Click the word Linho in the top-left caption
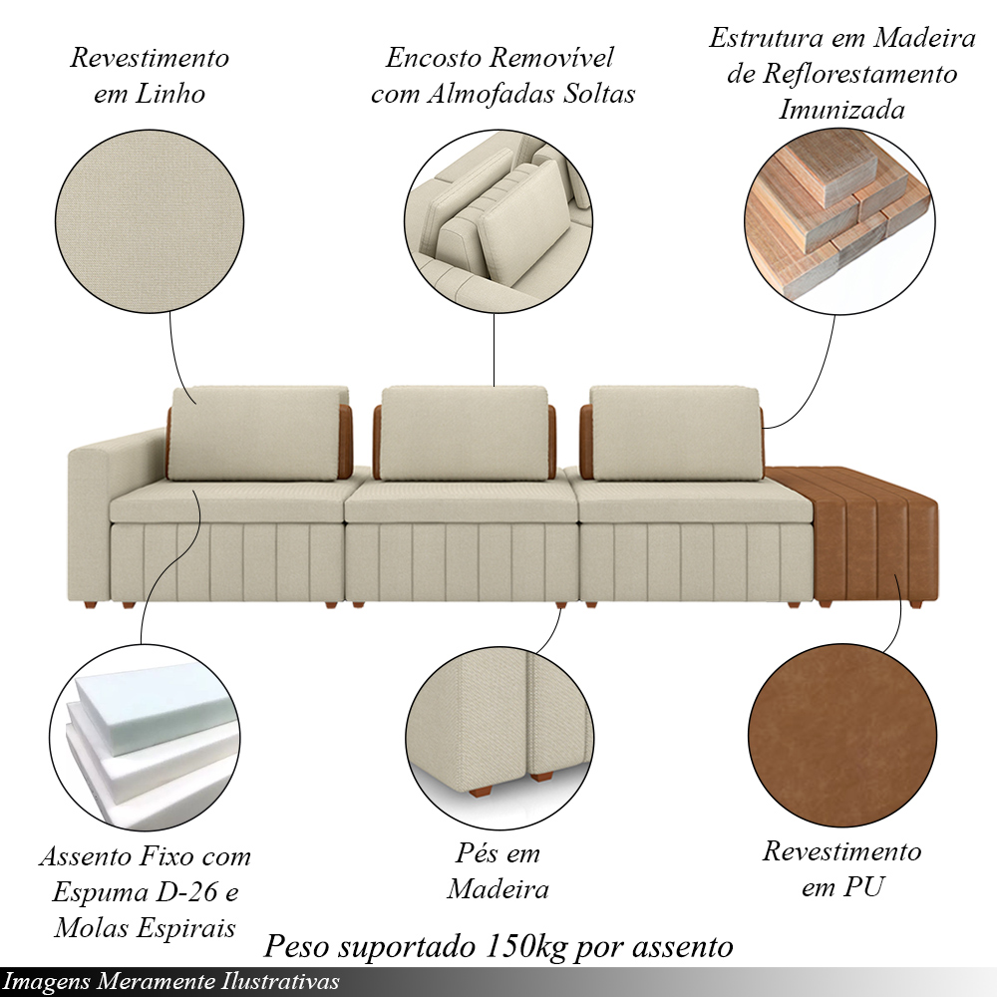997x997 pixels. coord(170,94)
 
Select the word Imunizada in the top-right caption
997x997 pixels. coord(841,110)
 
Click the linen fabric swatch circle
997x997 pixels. coord(150,222)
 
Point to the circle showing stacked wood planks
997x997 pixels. coord(839,220)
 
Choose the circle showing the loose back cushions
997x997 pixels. coord(498,222)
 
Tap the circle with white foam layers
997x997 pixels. coord(145,737)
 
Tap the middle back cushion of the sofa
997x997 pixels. coord(465,433)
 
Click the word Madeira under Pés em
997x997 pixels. coord(498,889)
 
